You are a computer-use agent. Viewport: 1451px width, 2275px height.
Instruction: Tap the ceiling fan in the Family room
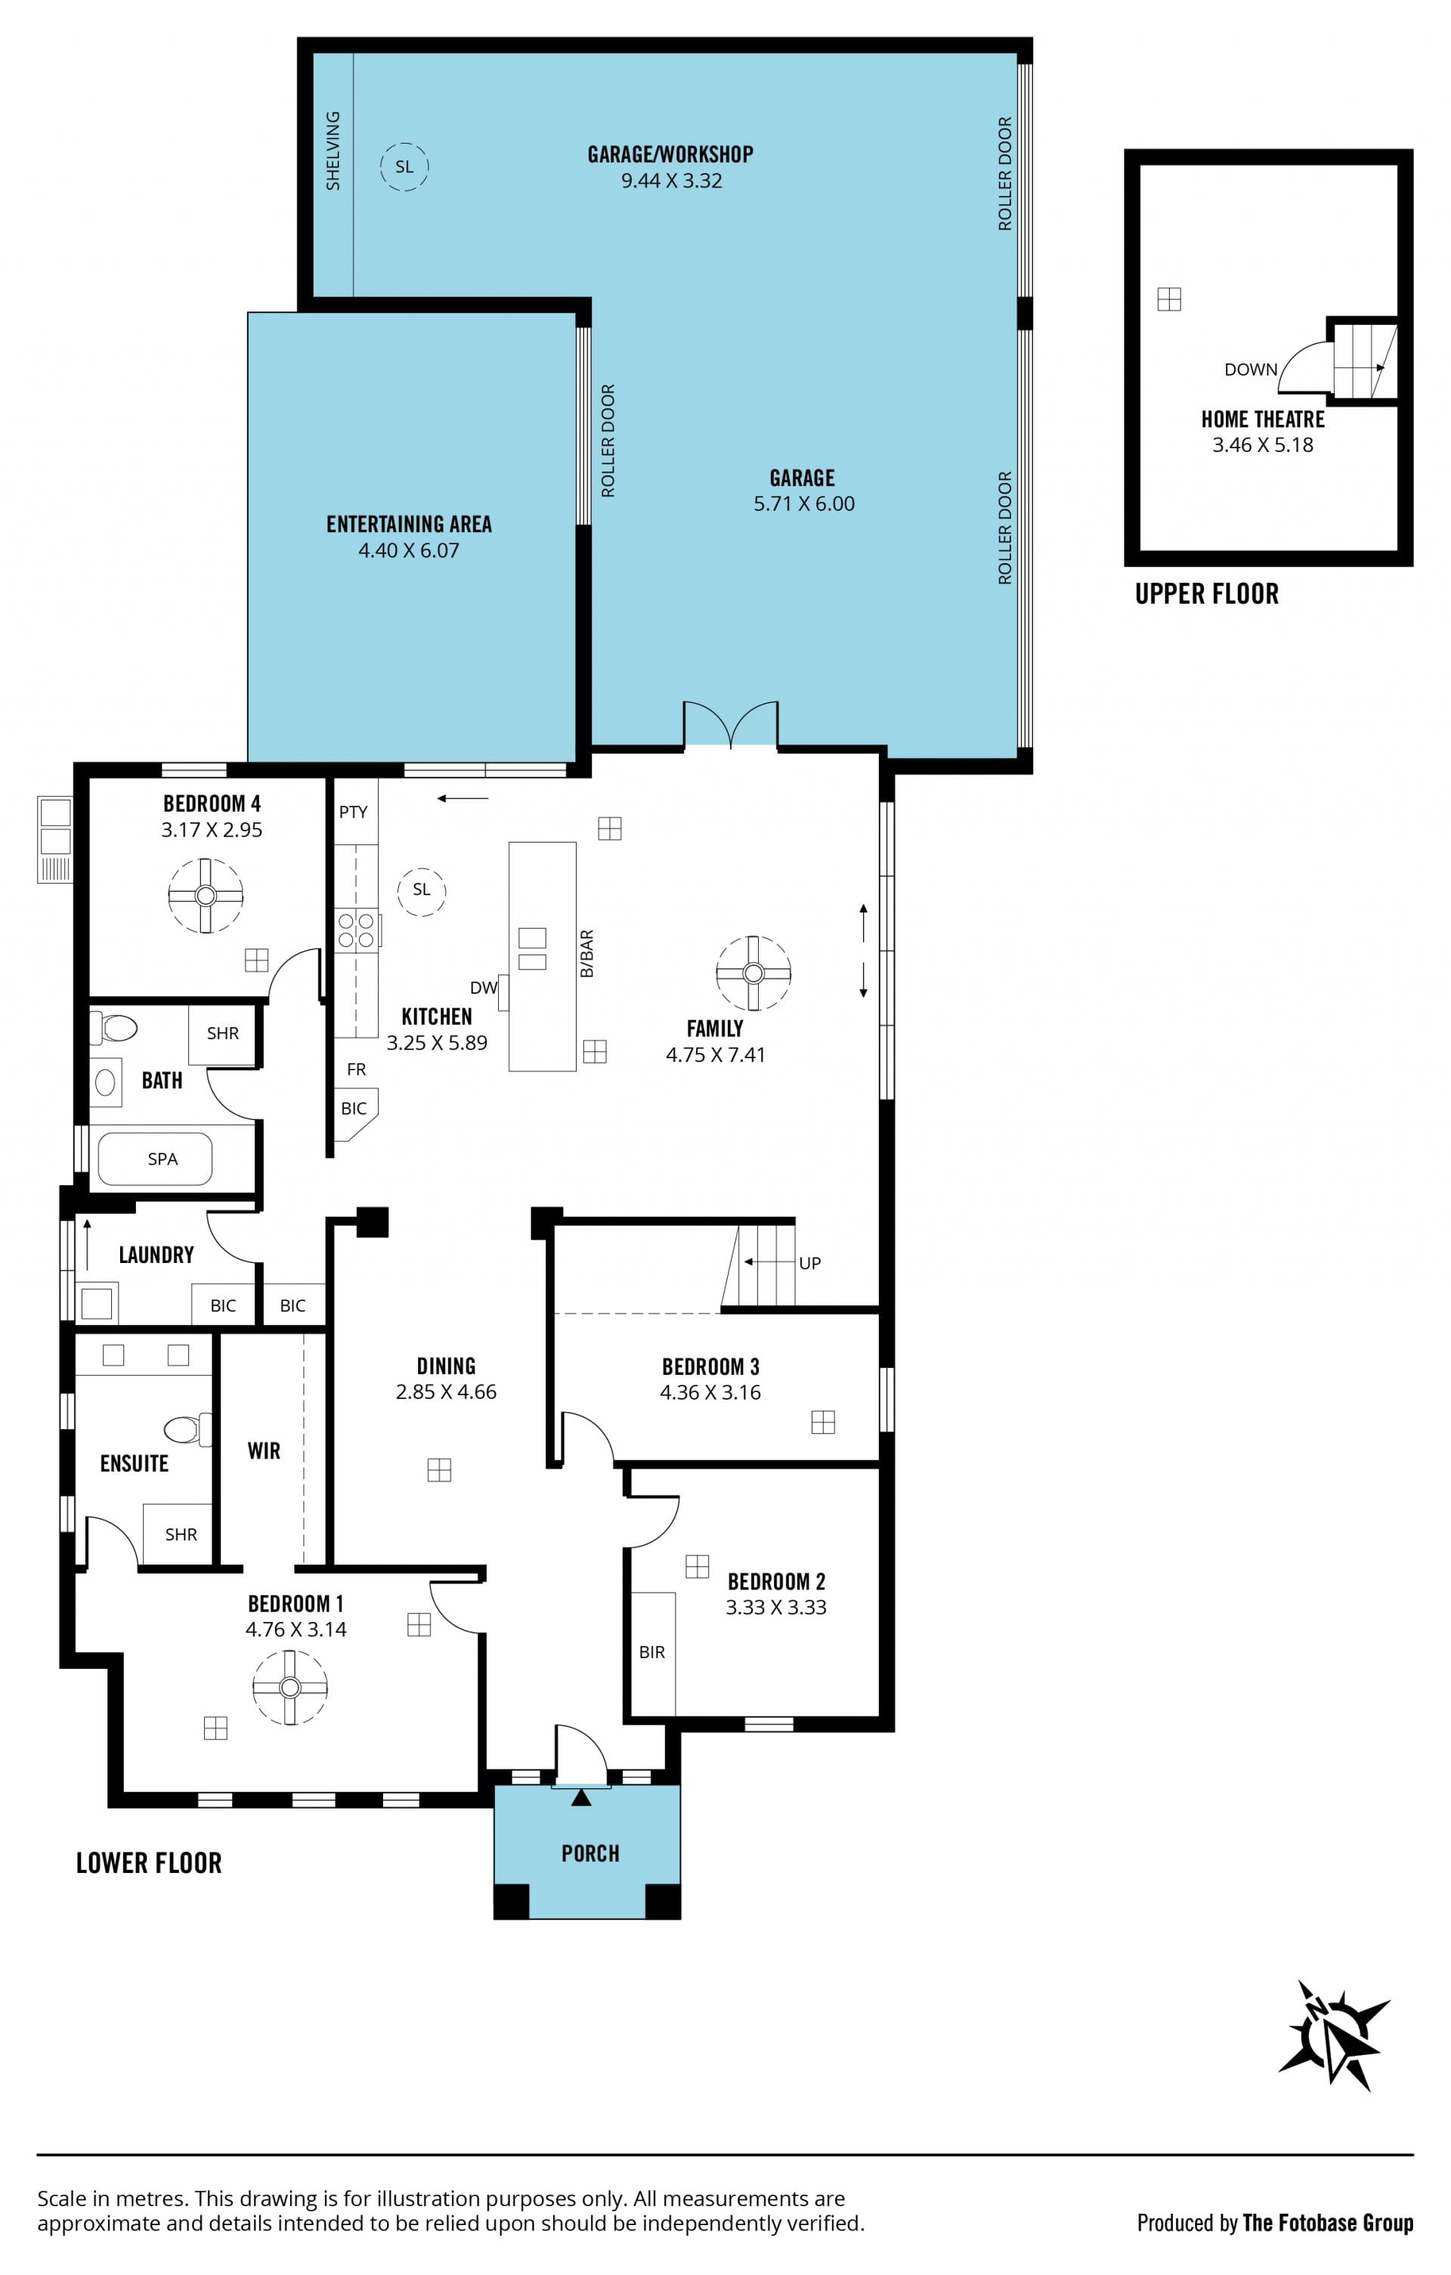753,973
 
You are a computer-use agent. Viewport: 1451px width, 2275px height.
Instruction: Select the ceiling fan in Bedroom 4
206,896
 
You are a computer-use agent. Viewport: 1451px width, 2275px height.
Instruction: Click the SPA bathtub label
162,1159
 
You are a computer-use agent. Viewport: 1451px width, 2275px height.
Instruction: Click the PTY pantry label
354,812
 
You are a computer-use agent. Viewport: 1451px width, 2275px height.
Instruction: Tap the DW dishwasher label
484,987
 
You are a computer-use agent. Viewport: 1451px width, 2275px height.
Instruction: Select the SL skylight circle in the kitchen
422,890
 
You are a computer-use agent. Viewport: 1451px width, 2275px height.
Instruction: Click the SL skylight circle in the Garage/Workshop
404,167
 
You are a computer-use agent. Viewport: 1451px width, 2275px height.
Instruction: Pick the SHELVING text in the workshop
333,151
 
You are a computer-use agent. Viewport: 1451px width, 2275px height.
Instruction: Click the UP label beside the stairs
809,1263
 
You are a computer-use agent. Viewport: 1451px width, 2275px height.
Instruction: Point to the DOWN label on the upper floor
1251,370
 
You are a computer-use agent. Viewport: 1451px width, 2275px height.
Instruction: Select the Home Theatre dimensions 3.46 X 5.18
1263,445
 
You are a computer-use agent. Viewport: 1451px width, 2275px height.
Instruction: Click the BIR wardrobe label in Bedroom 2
651,1652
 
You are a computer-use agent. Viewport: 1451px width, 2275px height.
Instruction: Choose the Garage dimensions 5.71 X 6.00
804,503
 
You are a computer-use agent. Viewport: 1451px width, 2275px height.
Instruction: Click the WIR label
264,1451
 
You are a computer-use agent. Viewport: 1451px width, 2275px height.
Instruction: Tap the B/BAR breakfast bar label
586,954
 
